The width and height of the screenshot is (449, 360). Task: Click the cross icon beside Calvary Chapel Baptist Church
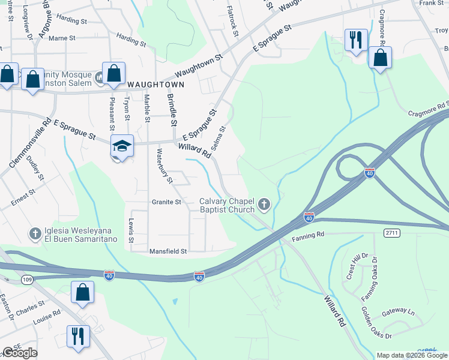pos(264,206)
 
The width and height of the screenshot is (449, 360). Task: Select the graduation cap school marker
pos(121,146)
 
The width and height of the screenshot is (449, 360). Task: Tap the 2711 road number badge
pos(393,232)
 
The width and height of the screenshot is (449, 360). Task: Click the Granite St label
pos(166,202)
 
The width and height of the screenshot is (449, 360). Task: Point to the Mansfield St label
pos(168,251)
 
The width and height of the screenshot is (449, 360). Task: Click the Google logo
pos(19,353)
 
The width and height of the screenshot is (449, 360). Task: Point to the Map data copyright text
pos(411,355)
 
